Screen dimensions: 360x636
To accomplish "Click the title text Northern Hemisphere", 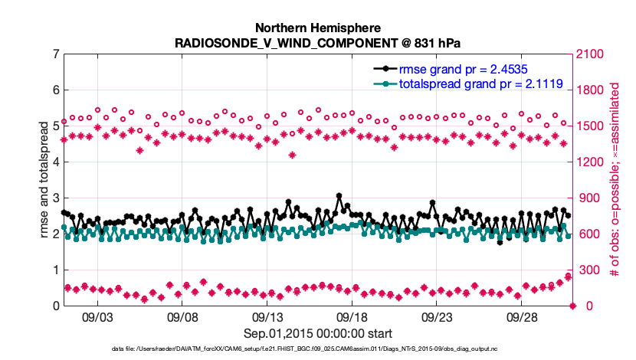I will coord(318,26).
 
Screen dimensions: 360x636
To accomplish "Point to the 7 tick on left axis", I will coord(56,54).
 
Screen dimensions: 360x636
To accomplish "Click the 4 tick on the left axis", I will coord(56,162).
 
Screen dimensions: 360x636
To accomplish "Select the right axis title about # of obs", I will coord(615,180).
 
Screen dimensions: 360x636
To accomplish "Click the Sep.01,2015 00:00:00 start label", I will coord(318,333).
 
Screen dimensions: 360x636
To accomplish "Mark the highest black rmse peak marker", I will coord(339,196).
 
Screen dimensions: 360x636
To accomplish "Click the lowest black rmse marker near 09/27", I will coord(500,242).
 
